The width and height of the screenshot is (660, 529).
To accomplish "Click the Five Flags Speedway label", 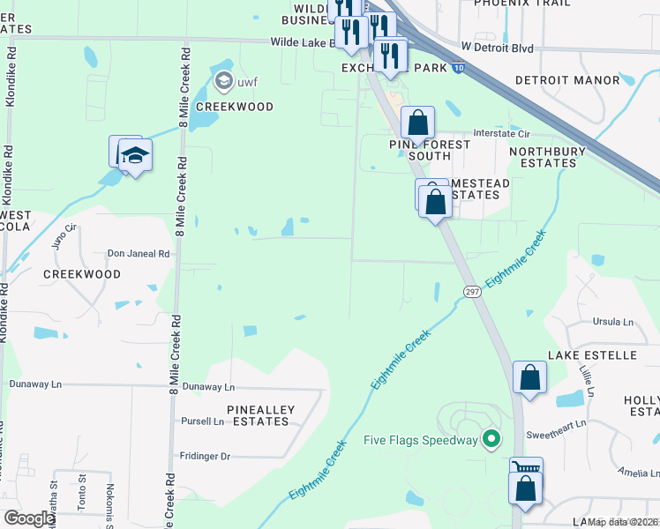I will (x=420, y=439).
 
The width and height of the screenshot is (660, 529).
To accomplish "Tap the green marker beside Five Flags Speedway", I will (x=492, y=438).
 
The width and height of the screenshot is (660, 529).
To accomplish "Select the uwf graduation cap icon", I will (x=223, y=83).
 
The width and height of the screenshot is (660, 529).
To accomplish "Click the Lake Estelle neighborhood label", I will (x=591, y=354).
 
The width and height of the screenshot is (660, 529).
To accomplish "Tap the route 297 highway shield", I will (x=470, y=292).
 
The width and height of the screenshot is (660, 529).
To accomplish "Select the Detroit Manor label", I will (x=567, y=80).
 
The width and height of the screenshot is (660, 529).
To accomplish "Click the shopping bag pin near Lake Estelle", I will (x=529, y=377).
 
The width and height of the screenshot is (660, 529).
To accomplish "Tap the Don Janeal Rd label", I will (x=139, y=254).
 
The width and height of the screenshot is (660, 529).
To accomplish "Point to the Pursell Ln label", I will (x=202, y=421).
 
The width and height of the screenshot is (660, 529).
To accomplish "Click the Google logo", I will (x=28, y=518).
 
